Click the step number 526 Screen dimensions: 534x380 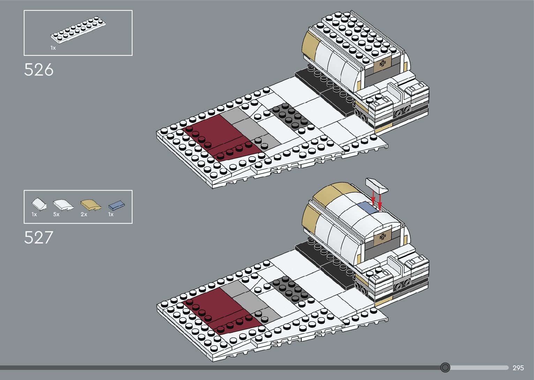[x=39, y=70]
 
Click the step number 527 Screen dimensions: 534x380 [x=39, y=238]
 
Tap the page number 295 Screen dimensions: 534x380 [x=518, y=368]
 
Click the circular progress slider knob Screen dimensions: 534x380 [x=445, y=367]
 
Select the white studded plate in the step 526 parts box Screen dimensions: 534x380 [x=78, y=30]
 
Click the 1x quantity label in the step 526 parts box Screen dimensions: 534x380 [x=53, y=48]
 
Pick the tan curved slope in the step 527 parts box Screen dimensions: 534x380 [x=91, y=205]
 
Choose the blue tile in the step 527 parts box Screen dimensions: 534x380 [x=116, y=205]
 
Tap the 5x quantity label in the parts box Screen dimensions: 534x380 [x=56, y=214]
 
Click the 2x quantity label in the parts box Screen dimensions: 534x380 [x=84, y=214]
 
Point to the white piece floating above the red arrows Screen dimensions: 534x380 [x=377, y=185]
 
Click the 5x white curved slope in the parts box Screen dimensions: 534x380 [x=63, y=205]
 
